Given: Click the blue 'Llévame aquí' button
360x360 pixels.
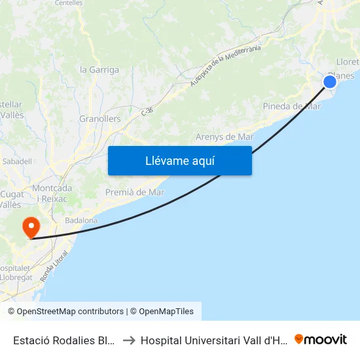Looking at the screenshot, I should [179, 160].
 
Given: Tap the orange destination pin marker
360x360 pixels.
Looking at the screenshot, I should [30, 227].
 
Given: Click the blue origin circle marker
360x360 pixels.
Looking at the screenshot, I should [330, 81].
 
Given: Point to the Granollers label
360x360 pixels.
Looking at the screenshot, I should [100, 119].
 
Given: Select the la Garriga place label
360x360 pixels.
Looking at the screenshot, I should [99, 69].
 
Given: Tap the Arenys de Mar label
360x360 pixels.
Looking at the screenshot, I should [225, 137].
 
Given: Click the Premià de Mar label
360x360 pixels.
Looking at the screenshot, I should [135, 192].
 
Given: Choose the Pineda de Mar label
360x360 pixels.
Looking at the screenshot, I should [291, 106].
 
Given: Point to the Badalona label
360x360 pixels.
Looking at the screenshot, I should [81, 221].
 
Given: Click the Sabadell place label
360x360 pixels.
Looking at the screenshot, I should [17, 161].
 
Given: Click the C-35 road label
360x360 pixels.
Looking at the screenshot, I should [147, 113].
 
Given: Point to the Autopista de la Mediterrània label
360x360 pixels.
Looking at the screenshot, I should [226, 66].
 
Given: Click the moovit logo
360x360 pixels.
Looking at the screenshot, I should [321, 339].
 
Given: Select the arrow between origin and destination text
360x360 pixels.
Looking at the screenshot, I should [128, 340].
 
